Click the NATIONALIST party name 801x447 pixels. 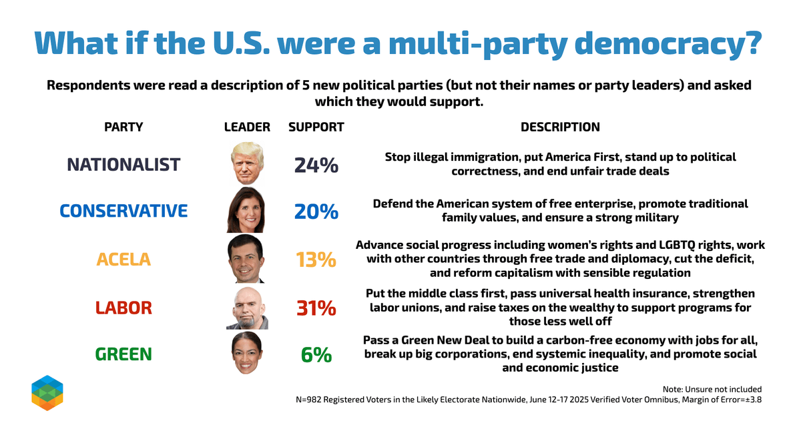coord(123,165)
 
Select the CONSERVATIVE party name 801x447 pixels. coord(123,211)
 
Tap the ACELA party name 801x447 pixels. coord(123,260)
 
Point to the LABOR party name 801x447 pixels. coord(123,308)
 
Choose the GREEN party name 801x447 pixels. coord(123,354)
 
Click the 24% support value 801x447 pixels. coord(316,165)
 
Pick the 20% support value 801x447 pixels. coord(316,211)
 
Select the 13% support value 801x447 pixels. coord(316,260)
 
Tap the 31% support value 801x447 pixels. coord(316,308)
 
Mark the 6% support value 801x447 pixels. coord(316,355)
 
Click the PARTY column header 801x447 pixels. coord(123,127)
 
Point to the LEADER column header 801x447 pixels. coord(247,127)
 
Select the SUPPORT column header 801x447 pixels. coord(316,127)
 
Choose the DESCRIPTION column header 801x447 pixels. coord(560,127)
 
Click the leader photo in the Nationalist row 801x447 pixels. coord(247,163)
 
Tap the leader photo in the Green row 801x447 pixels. coord(247,354)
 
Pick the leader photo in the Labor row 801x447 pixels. coord(247,308)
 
